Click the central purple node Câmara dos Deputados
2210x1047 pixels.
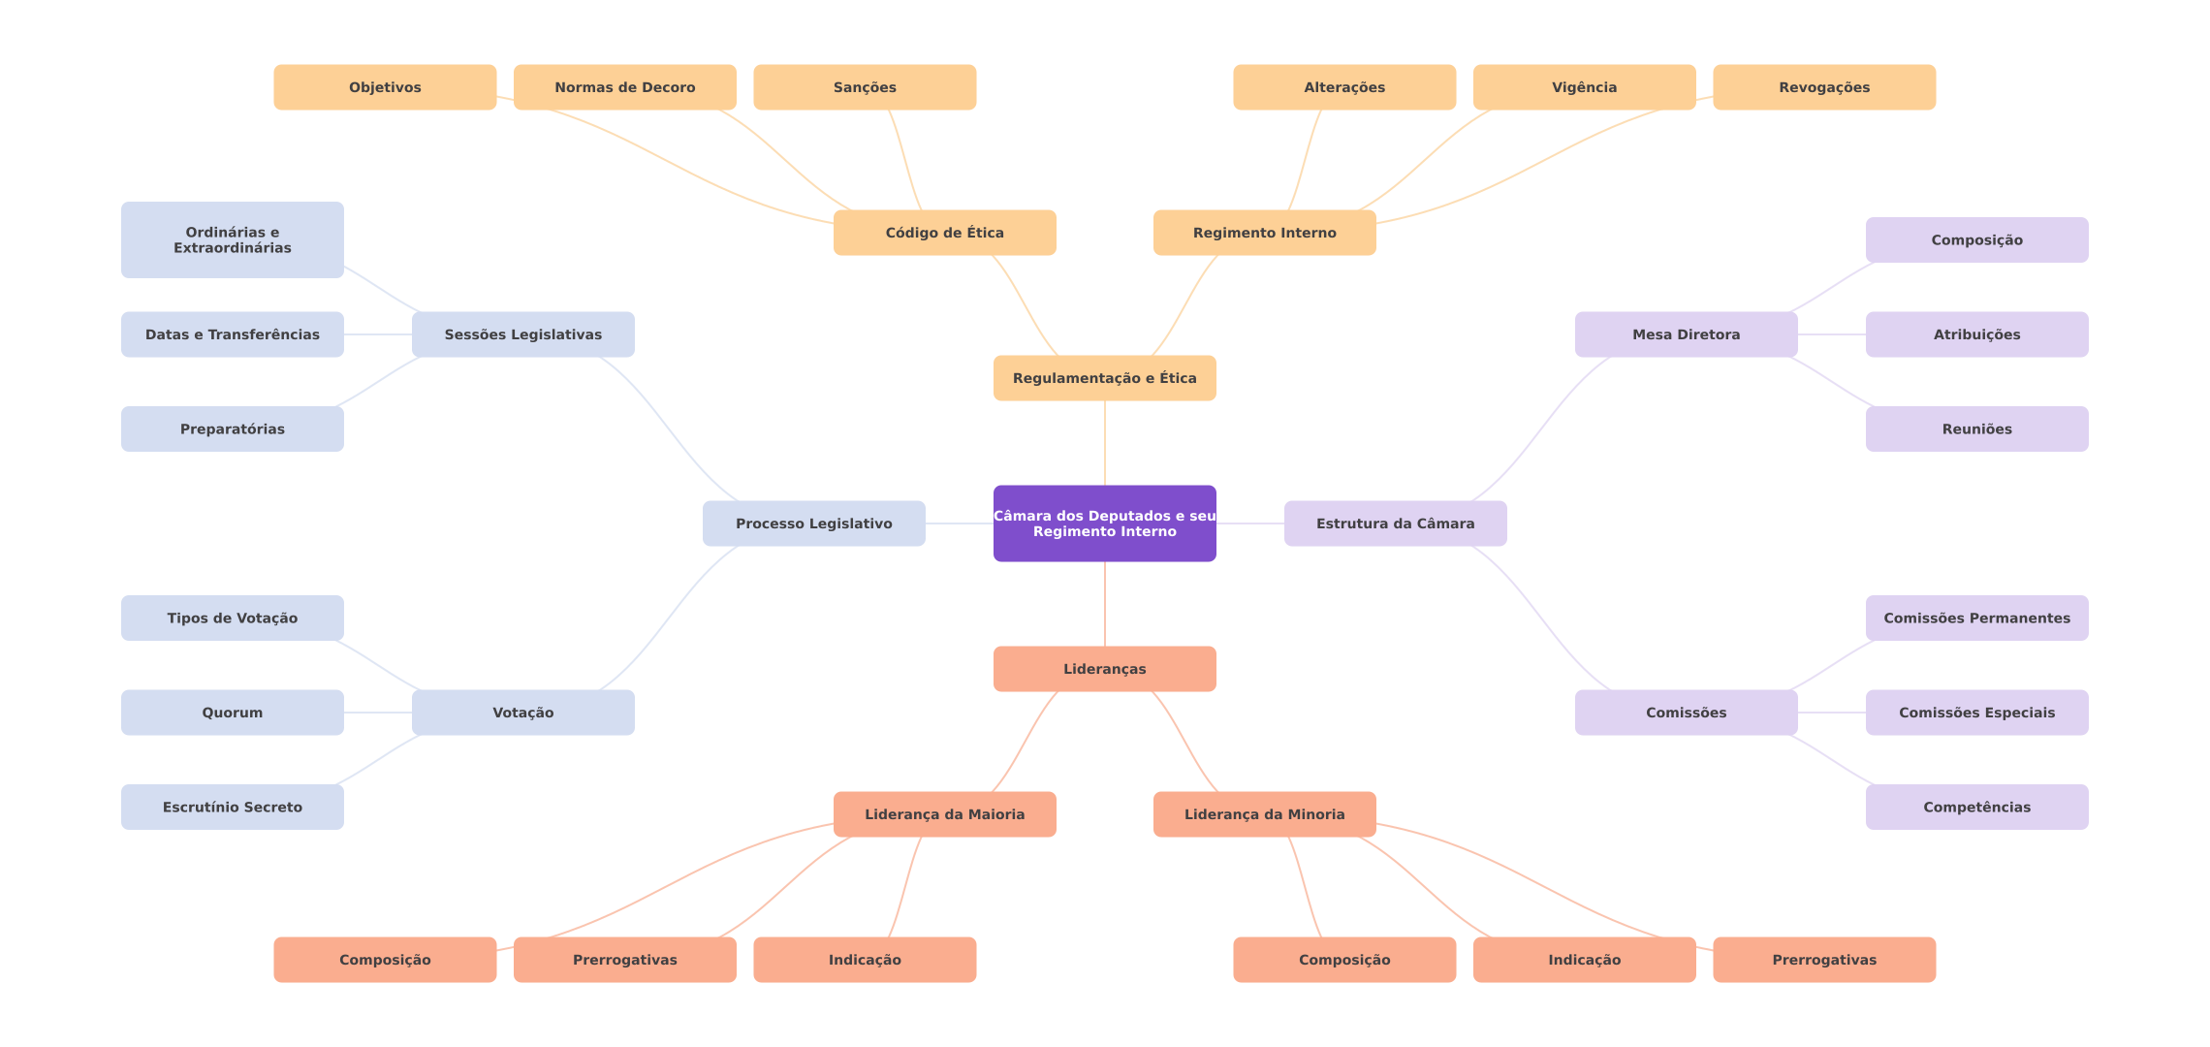1105,523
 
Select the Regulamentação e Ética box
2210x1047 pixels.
1105,378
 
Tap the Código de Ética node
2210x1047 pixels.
945,233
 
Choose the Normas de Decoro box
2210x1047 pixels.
625,87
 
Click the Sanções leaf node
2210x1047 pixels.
865,87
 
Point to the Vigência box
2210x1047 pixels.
1585,87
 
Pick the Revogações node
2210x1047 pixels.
1824,87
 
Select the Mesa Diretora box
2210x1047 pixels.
1687,334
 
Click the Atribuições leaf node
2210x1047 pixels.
1977,334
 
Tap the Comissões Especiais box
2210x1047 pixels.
1977,713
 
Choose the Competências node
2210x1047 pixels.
1977,807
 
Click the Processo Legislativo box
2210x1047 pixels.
814,523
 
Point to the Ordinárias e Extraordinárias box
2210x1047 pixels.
233,239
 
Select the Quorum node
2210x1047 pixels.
233,713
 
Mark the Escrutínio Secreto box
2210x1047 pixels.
233,807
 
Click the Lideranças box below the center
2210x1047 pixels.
1105,669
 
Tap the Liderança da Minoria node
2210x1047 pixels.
1265,814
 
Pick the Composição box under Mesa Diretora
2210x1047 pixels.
1977,239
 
